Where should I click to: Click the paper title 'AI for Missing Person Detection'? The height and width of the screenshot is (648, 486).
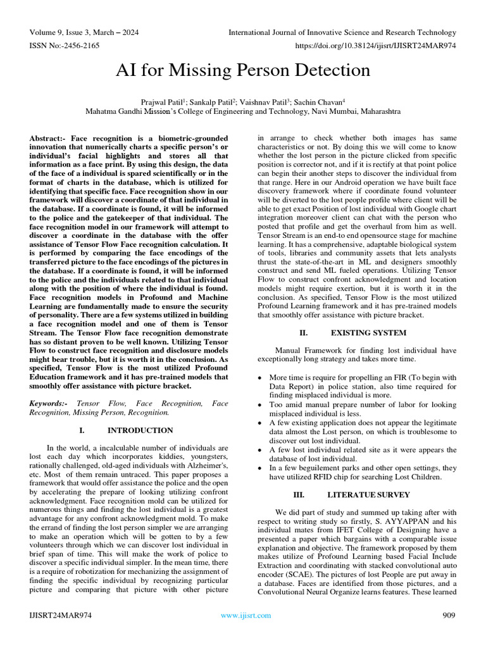pyautogui.click(x=243, y=70)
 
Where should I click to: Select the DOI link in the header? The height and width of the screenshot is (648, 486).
pyautogui.click(x=375, y=46)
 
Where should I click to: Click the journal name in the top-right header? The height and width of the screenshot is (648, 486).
pyautogui.click(x=342, y=32)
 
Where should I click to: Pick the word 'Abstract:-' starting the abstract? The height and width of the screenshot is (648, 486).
pyautogui.click(x=48, y=138)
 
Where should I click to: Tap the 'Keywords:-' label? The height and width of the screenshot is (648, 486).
pyautogui.click(x=51, y=403)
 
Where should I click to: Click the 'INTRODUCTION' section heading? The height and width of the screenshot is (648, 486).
pyautogui.click(x=140, y=430)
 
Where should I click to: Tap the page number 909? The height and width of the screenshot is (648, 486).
pyautogui.click(x=448, y=615)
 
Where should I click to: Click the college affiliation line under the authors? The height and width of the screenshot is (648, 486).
pyautogui.click(x=243, y=110)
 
